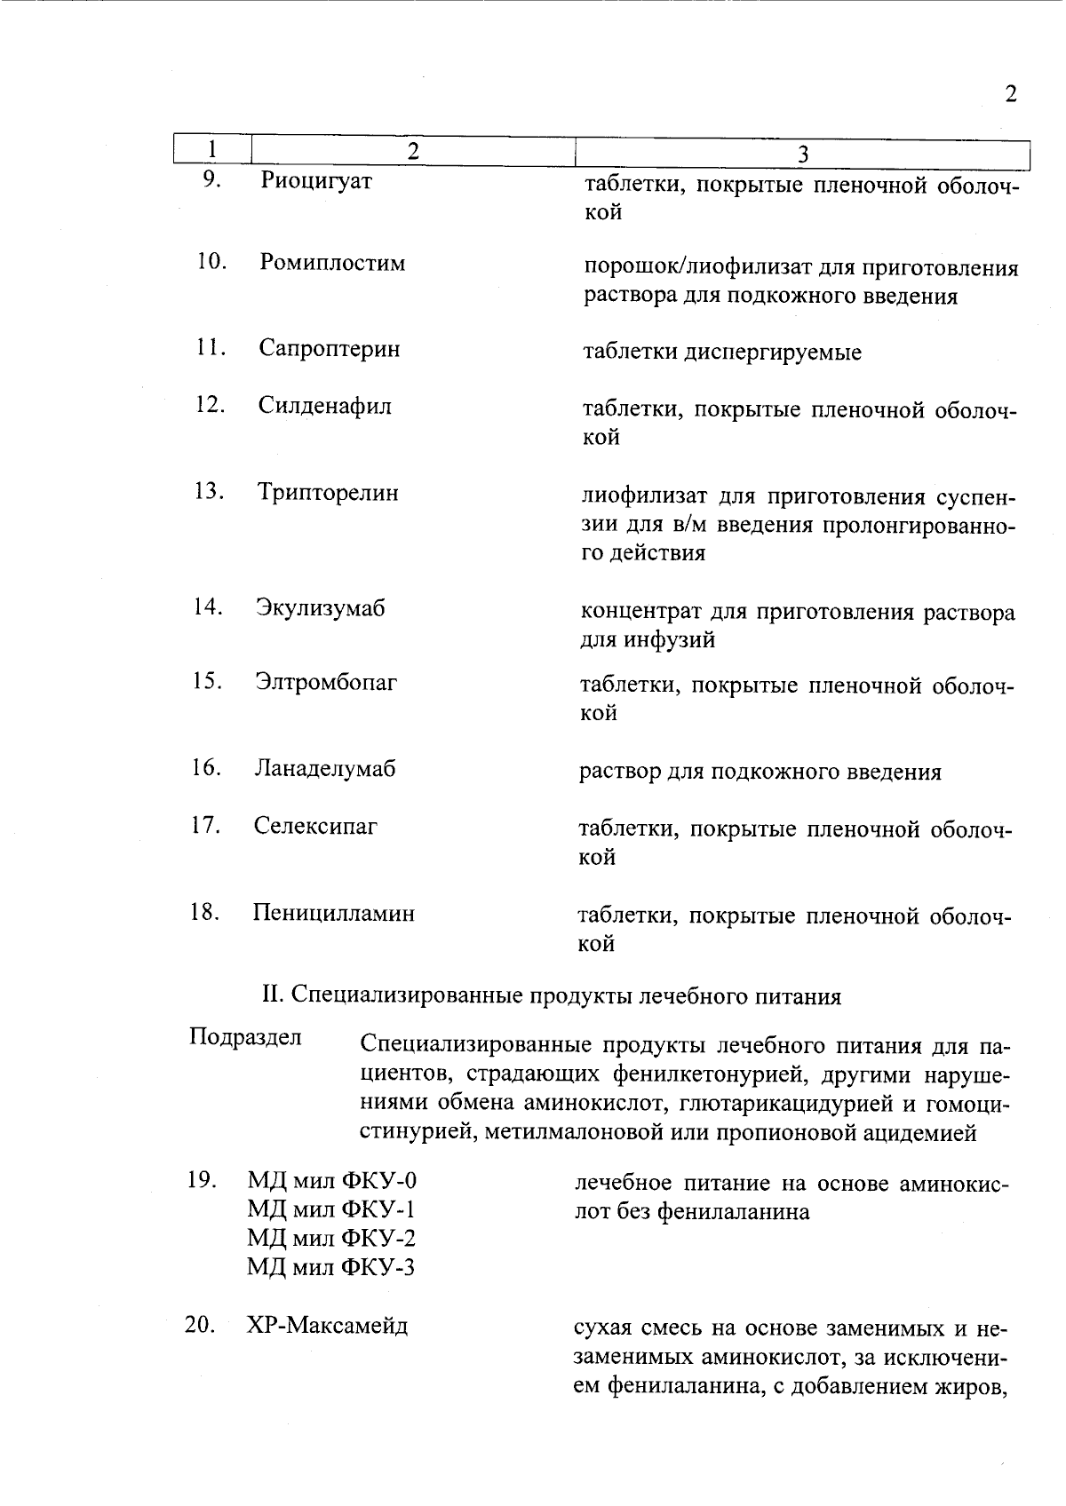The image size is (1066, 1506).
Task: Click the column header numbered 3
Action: (x=802, y=155)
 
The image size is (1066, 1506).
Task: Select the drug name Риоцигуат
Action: (x=316, y=181)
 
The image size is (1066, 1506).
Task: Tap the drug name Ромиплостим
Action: (x=332, y=263)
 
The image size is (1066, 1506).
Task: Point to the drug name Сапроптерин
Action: (x=330, y=348)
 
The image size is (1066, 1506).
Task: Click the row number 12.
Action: (x=210, y=405)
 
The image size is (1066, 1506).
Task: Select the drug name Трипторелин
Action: (x=328, y=492)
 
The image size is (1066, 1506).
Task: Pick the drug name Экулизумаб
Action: (x=321, y=608)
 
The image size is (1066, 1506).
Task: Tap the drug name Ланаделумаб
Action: (x=325, y=768)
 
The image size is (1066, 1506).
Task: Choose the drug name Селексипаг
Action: (x=315, y=826)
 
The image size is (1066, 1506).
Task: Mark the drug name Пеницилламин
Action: (x=333, y=913)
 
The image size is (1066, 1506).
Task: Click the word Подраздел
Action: (x=245, y=1037)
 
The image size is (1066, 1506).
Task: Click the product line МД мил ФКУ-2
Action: (x=331, y=1238)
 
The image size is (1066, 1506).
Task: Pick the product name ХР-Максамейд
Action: (x=327, y=1326)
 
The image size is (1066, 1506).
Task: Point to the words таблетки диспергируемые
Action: (x=721, y=353)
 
